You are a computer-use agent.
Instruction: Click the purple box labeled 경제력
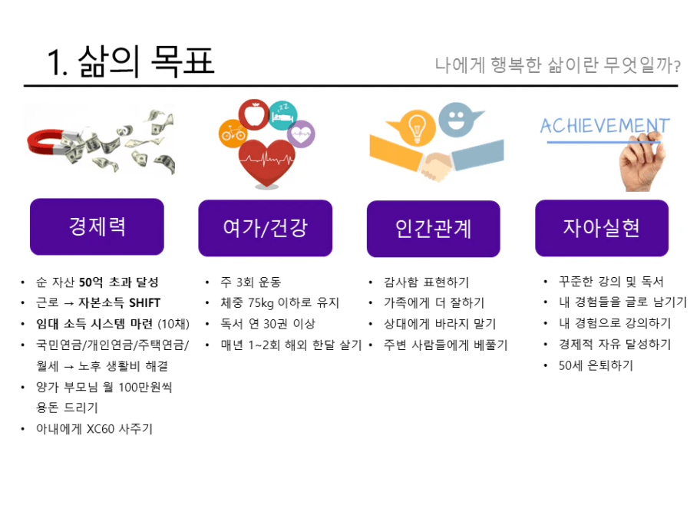(97, 226)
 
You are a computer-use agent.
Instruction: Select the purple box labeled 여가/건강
(265, 228)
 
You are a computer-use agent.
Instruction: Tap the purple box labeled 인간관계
(434, 229)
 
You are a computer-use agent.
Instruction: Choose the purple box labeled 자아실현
(602, 228)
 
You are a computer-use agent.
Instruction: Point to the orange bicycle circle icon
(233, 134)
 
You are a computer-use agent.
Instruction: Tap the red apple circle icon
(254, 114)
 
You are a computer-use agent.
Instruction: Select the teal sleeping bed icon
(283, 115)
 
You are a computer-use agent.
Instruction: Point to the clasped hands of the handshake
(436, 166)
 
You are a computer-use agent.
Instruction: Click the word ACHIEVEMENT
(605, 126)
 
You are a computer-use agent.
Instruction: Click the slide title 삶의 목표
(146, 61)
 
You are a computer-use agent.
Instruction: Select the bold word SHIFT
(144, 302)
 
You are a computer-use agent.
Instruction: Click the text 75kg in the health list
(261, 303)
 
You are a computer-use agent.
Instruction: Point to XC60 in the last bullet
(101, 429)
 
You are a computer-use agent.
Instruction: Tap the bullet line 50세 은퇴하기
(596, 365)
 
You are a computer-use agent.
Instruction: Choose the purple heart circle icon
(301, 134)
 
